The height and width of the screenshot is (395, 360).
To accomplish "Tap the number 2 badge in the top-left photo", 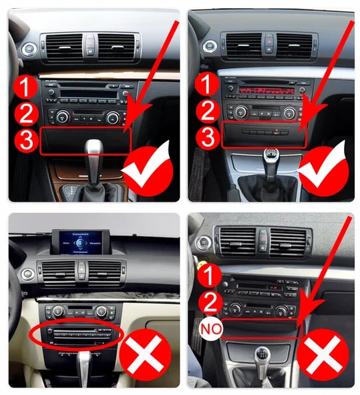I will click(25, 113).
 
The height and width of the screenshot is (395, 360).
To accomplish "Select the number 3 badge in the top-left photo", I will click(25, 140).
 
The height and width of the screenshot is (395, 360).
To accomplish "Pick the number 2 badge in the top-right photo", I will click(210, 111).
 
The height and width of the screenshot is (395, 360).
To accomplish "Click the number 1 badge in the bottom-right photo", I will click(210, 274).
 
